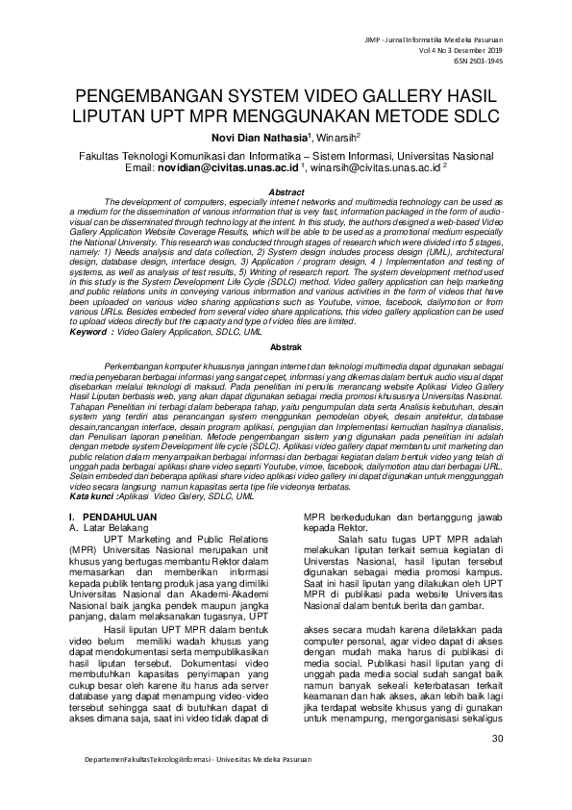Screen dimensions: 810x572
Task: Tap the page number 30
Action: point(497,739)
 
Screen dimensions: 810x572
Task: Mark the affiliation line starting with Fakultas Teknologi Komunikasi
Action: point(286,155)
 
